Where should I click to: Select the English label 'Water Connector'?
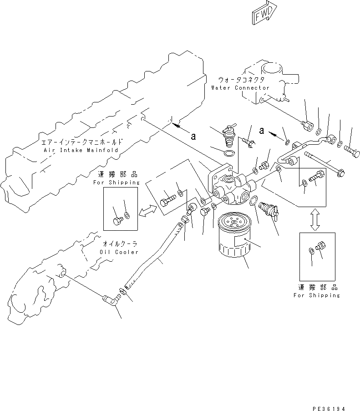(240, 88)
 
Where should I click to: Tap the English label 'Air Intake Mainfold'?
(81, 150)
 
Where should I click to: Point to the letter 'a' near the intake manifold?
(193, 136)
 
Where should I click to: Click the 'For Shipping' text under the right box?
(317, 295)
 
